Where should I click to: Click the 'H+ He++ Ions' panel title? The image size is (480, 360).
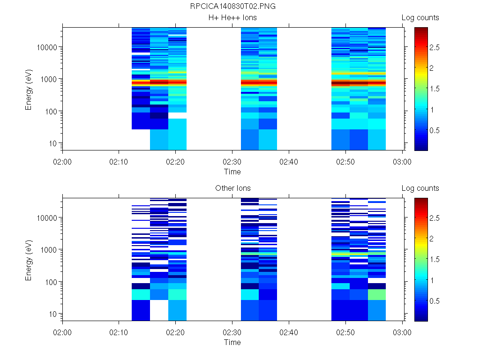coord(232,18)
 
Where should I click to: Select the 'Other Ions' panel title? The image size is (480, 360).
coord(232,188)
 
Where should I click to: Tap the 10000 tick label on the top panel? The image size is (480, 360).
coord(47,47)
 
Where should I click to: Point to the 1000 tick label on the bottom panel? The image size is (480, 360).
coord(49,250)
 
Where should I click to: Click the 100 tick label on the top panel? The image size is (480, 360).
coord(51,112)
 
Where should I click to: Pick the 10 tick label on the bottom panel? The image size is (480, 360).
coord(52,314)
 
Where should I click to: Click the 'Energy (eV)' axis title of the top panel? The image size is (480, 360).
coord(29,89)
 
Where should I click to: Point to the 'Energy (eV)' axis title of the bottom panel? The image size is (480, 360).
coord(29,259)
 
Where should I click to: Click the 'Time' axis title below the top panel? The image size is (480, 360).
coord(232,172)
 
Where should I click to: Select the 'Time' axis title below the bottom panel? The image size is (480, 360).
coord(232,342)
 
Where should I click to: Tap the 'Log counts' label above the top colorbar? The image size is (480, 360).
coord(420,18)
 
